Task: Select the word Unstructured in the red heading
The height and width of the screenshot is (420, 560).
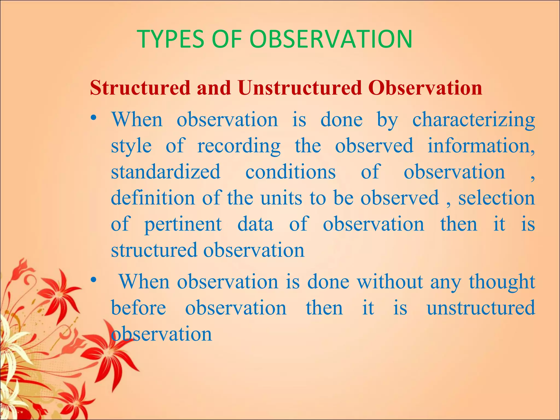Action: pos(299,88)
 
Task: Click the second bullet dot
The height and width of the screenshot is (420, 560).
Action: pos(94,280)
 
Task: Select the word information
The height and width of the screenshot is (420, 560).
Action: pos(481,146)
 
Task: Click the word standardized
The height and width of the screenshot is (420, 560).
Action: pos(165,172)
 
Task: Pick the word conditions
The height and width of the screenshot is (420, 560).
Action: pos(290,172)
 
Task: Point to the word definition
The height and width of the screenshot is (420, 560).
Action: pos(153,198)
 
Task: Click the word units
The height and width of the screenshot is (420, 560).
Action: pos(281,198)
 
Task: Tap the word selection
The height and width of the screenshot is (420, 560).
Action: pos(496,198)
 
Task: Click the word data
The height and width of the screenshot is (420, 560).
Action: pos(255,224)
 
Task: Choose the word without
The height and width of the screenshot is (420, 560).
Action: pos(390,281)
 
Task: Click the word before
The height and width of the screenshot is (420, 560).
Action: pos(138,308)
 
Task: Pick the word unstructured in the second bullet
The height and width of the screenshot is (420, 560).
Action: pos(480,308)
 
